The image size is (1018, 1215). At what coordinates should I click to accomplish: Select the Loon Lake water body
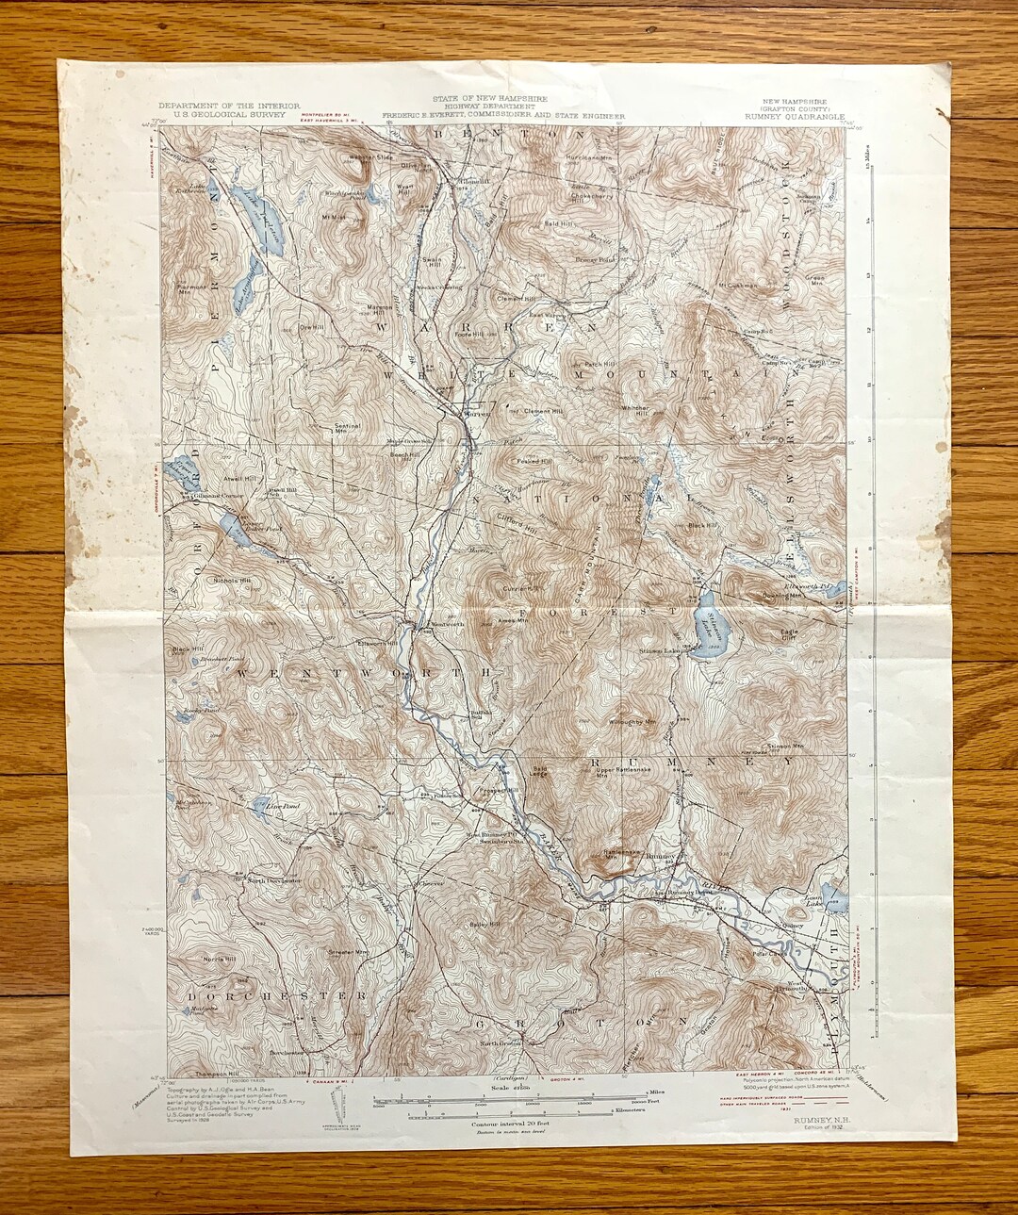(x=834, y=899)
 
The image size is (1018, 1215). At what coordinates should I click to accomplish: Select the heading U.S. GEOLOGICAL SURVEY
(x=229, y=114)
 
